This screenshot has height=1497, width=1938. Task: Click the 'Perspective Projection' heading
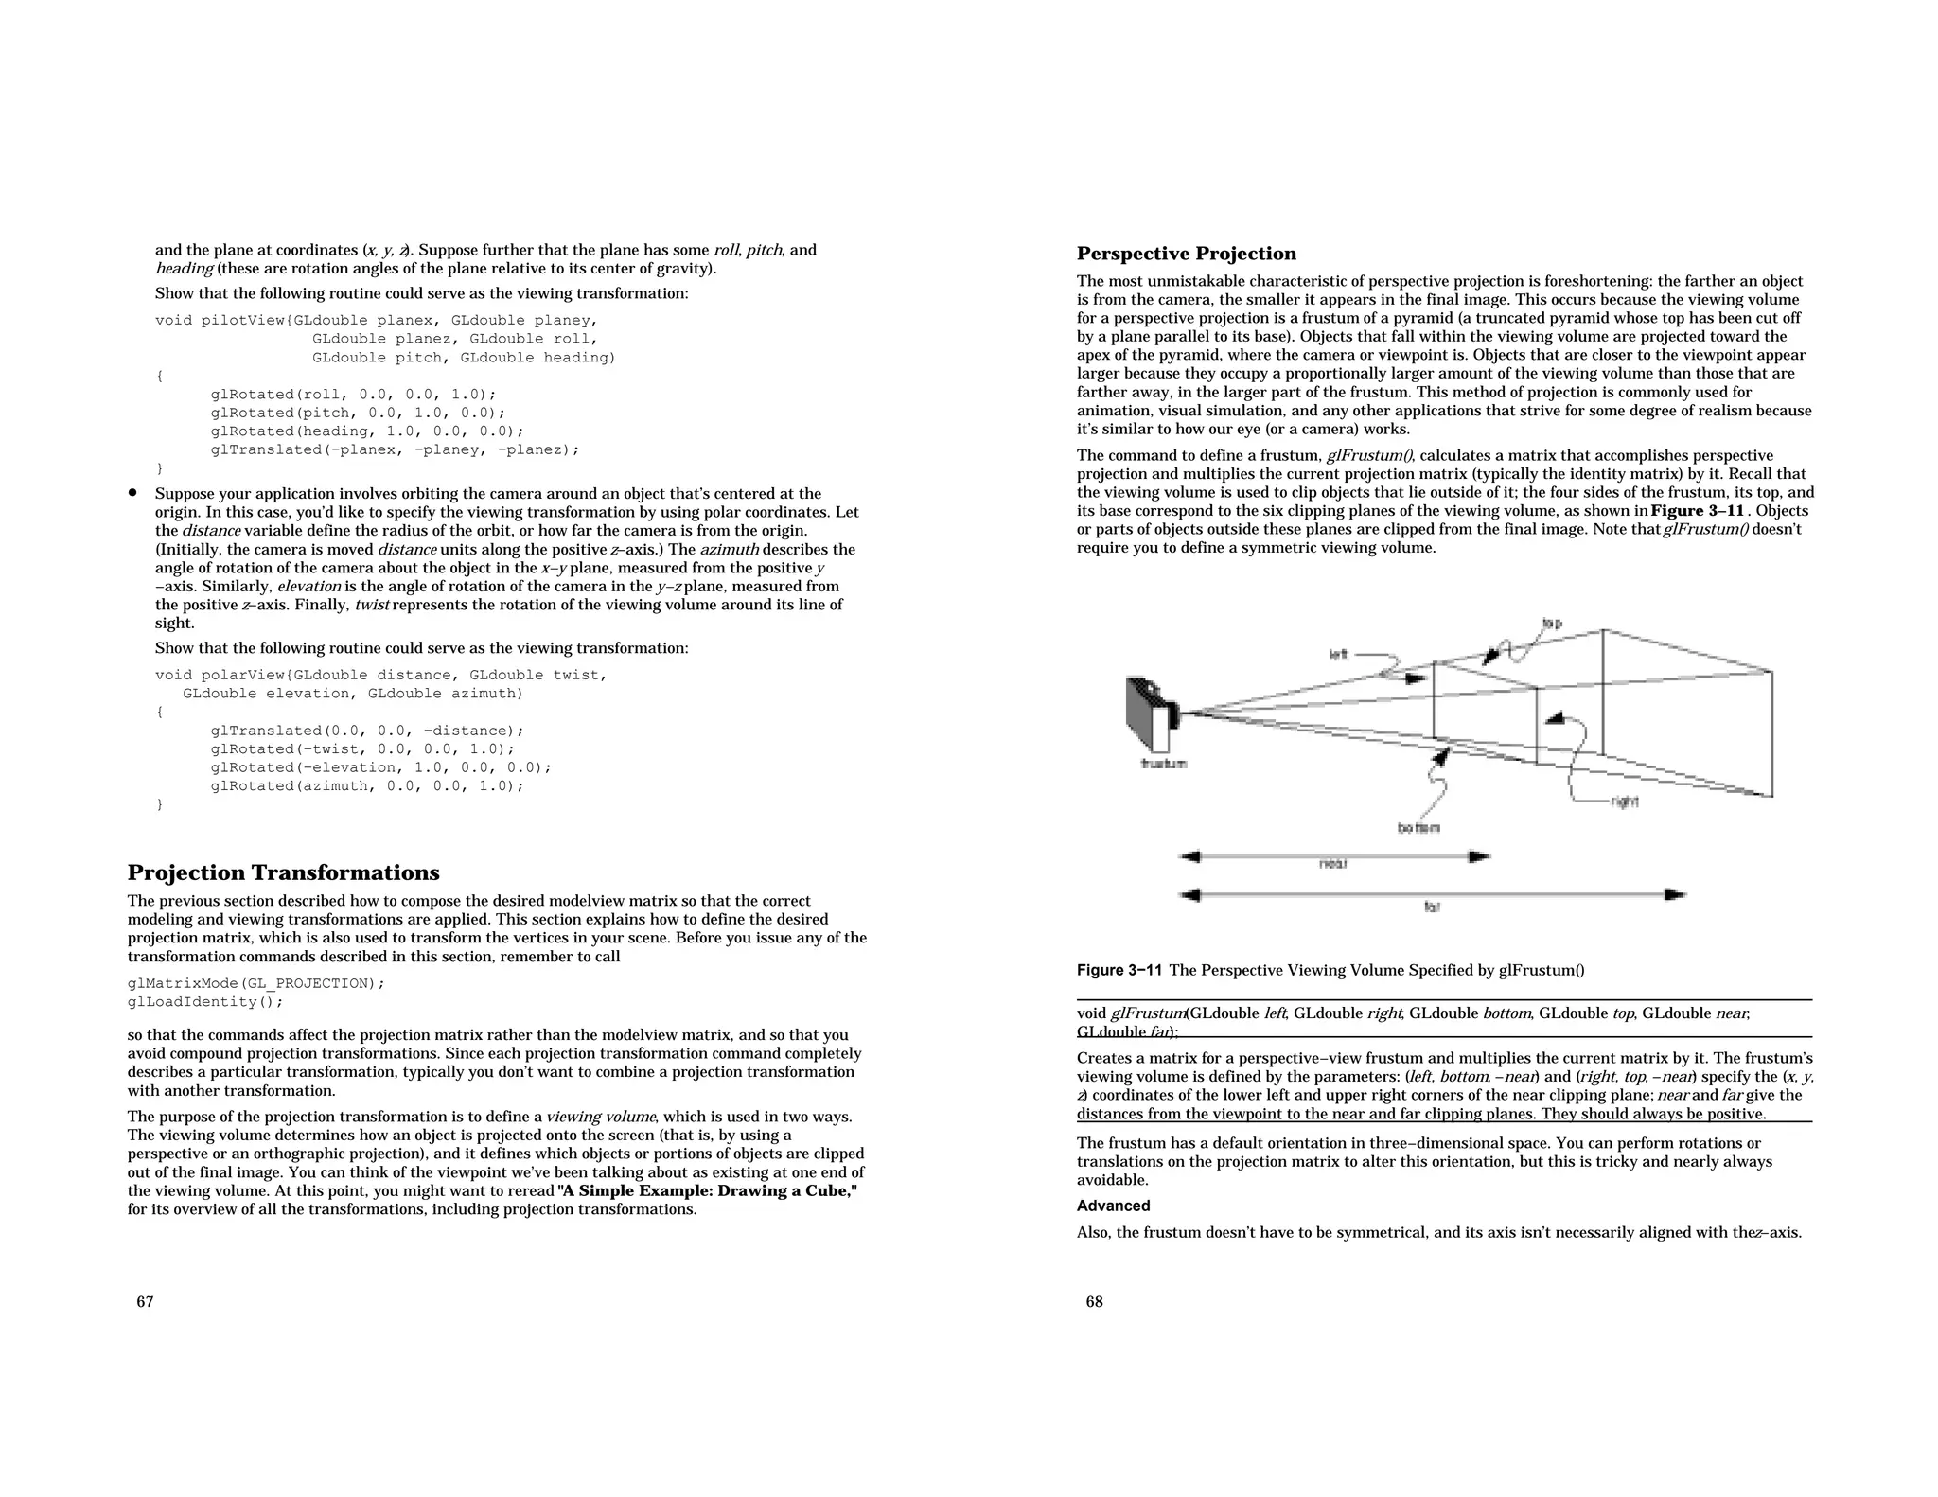(x=1186, y=254)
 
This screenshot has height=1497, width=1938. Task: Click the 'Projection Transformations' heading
(x=283, y=872)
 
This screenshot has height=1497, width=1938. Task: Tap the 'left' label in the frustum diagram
(x=1338, y=654)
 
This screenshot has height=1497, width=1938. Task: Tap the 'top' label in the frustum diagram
(x=1552, y=624)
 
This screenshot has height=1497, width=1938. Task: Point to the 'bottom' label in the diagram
(x=1418, y=828)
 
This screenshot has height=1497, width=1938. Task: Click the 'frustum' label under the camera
(x=1164, y=763)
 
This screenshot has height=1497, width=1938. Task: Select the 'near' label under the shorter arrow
(x=1332, y=864)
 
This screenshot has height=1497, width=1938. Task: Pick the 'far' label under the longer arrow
(x=1431, y=907)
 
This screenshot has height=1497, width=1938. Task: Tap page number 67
(x=145, y=1302)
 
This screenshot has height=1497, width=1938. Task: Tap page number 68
(x=1094, y=1302)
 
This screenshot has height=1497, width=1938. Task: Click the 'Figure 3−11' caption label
(x=1119, y=970)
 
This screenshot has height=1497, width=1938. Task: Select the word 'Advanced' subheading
(x=1113, y=1206)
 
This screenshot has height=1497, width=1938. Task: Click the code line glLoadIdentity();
(x=205, y=1002)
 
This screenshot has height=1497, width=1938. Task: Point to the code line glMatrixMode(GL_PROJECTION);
(x=255, y=983)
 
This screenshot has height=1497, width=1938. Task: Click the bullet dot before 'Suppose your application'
(x=133, y=493)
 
